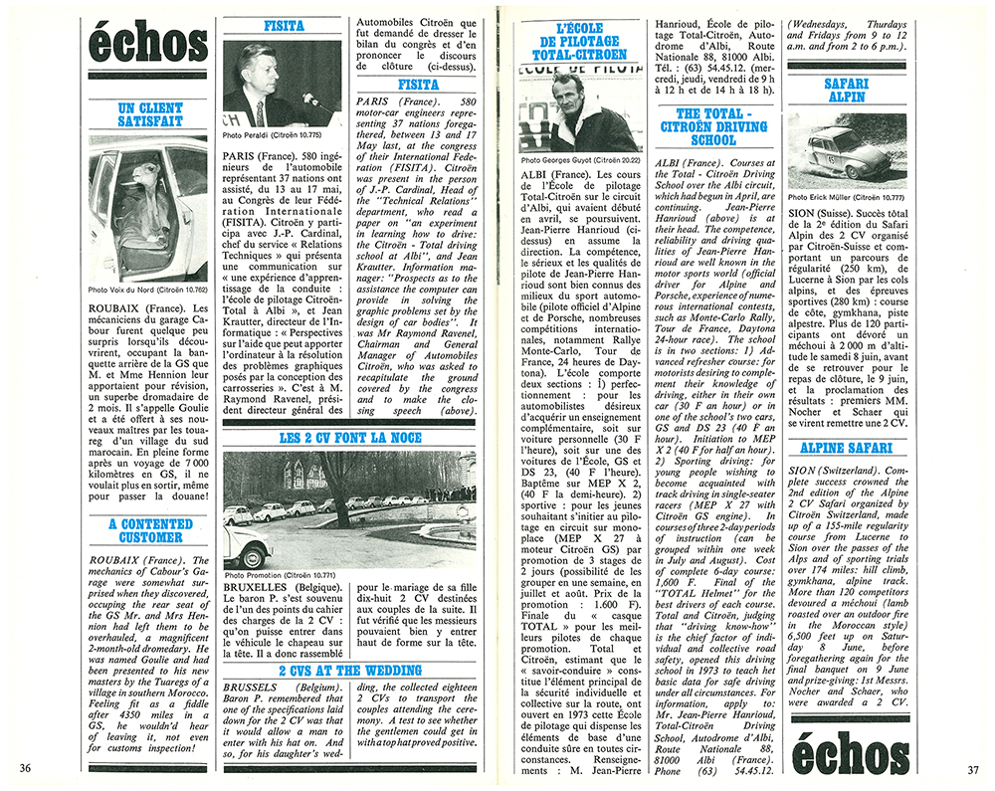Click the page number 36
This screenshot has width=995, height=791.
pos(25,768)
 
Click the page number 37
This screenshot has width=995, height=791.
pos(971,768)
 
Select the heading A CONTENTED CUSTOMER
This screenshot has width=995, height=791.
pos(150,530)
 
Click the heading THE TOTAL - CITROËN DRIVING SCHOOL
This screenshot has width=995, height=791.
pos(721,127)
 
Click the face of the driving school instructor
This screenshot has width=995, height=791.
pos(570,95)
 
